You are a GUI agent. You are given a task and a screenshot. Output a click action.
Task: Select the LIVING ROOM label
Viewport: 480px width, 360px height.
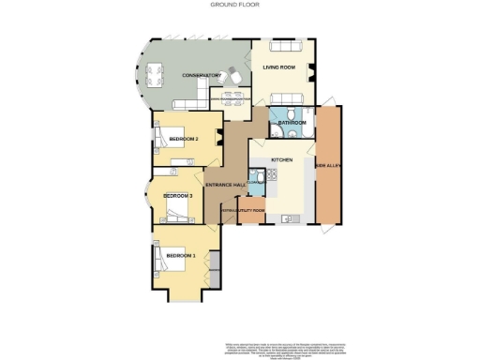280,67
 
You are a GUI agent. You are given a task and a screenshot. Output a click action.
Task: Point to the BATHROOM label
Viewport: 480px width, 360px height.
292,123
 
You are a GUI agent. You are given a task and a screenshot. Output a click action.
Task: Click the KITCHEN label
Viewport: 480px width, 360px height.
282,160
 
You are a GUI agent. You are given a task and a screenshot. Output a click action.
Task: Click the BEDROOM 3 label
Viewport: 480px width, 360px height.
178,195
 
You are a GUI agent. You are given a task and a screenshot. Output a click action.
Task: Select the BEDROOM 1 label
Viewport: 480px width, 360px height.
180,255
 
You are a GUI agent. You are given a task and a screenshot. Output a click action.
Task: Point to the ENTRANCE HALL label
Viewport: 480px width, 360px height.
227,187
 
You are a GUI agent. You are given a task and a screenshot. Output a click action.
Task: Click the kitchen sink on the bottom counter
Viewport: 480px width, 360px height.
292,219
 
